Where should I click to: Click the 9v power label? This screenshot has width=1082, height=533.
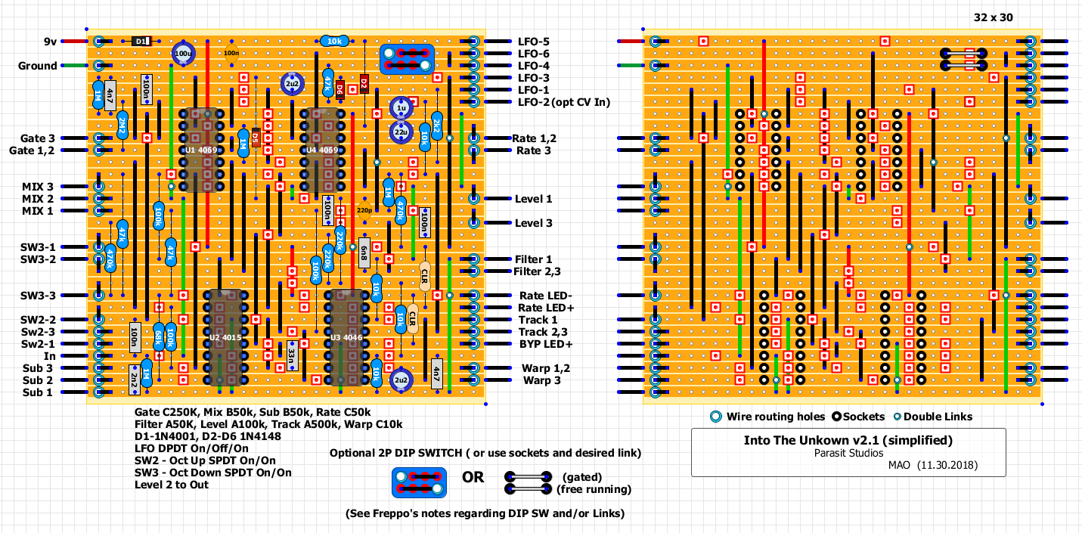click(51, 42)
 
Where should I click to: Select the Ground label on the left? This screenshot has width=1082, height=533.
click(38, 66)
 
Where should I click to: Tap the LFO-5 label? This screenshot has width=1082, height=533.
click(534, 42)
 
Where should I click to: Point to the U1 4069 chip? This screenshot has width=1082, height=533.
click(202, 150)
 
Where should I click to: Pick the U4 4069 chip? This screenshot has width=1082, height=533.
click(323, 150)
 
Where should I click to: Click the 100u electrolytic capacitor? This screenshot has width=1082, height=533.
click(183, 54)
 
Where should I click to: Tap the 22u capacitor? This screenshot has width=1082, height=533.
click(401, 132)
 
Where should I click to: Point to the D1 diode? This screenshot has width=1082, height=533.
click(141, 42)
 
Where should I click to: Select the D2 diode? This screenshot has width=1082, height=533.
click(364, 83)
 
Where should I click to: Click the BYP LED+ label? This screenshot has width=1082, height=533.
click(545, 344)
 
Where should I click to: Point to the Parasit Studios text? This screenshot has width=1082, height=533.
click(848, 453)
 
